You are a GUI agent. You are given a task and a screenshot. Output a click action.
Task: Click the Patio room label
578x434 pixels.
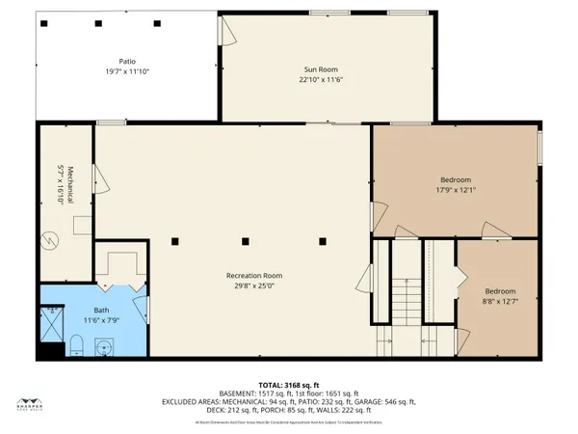pos(125,60)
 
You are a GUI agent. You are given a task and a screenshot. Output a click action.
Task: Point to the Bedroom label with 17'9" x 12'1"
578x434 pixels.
pos(456,180)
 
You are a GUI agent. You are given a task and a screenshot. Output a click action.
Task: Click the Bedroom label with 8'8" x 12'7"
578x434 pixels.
pos(500,291)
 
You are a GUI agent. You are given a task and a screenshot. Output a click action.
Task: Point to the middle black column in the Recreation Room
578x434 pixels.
pos(246,240)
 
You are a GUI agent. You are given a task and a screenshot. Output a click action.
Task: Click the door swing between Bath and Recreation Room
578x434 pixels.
pos(140,311)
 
